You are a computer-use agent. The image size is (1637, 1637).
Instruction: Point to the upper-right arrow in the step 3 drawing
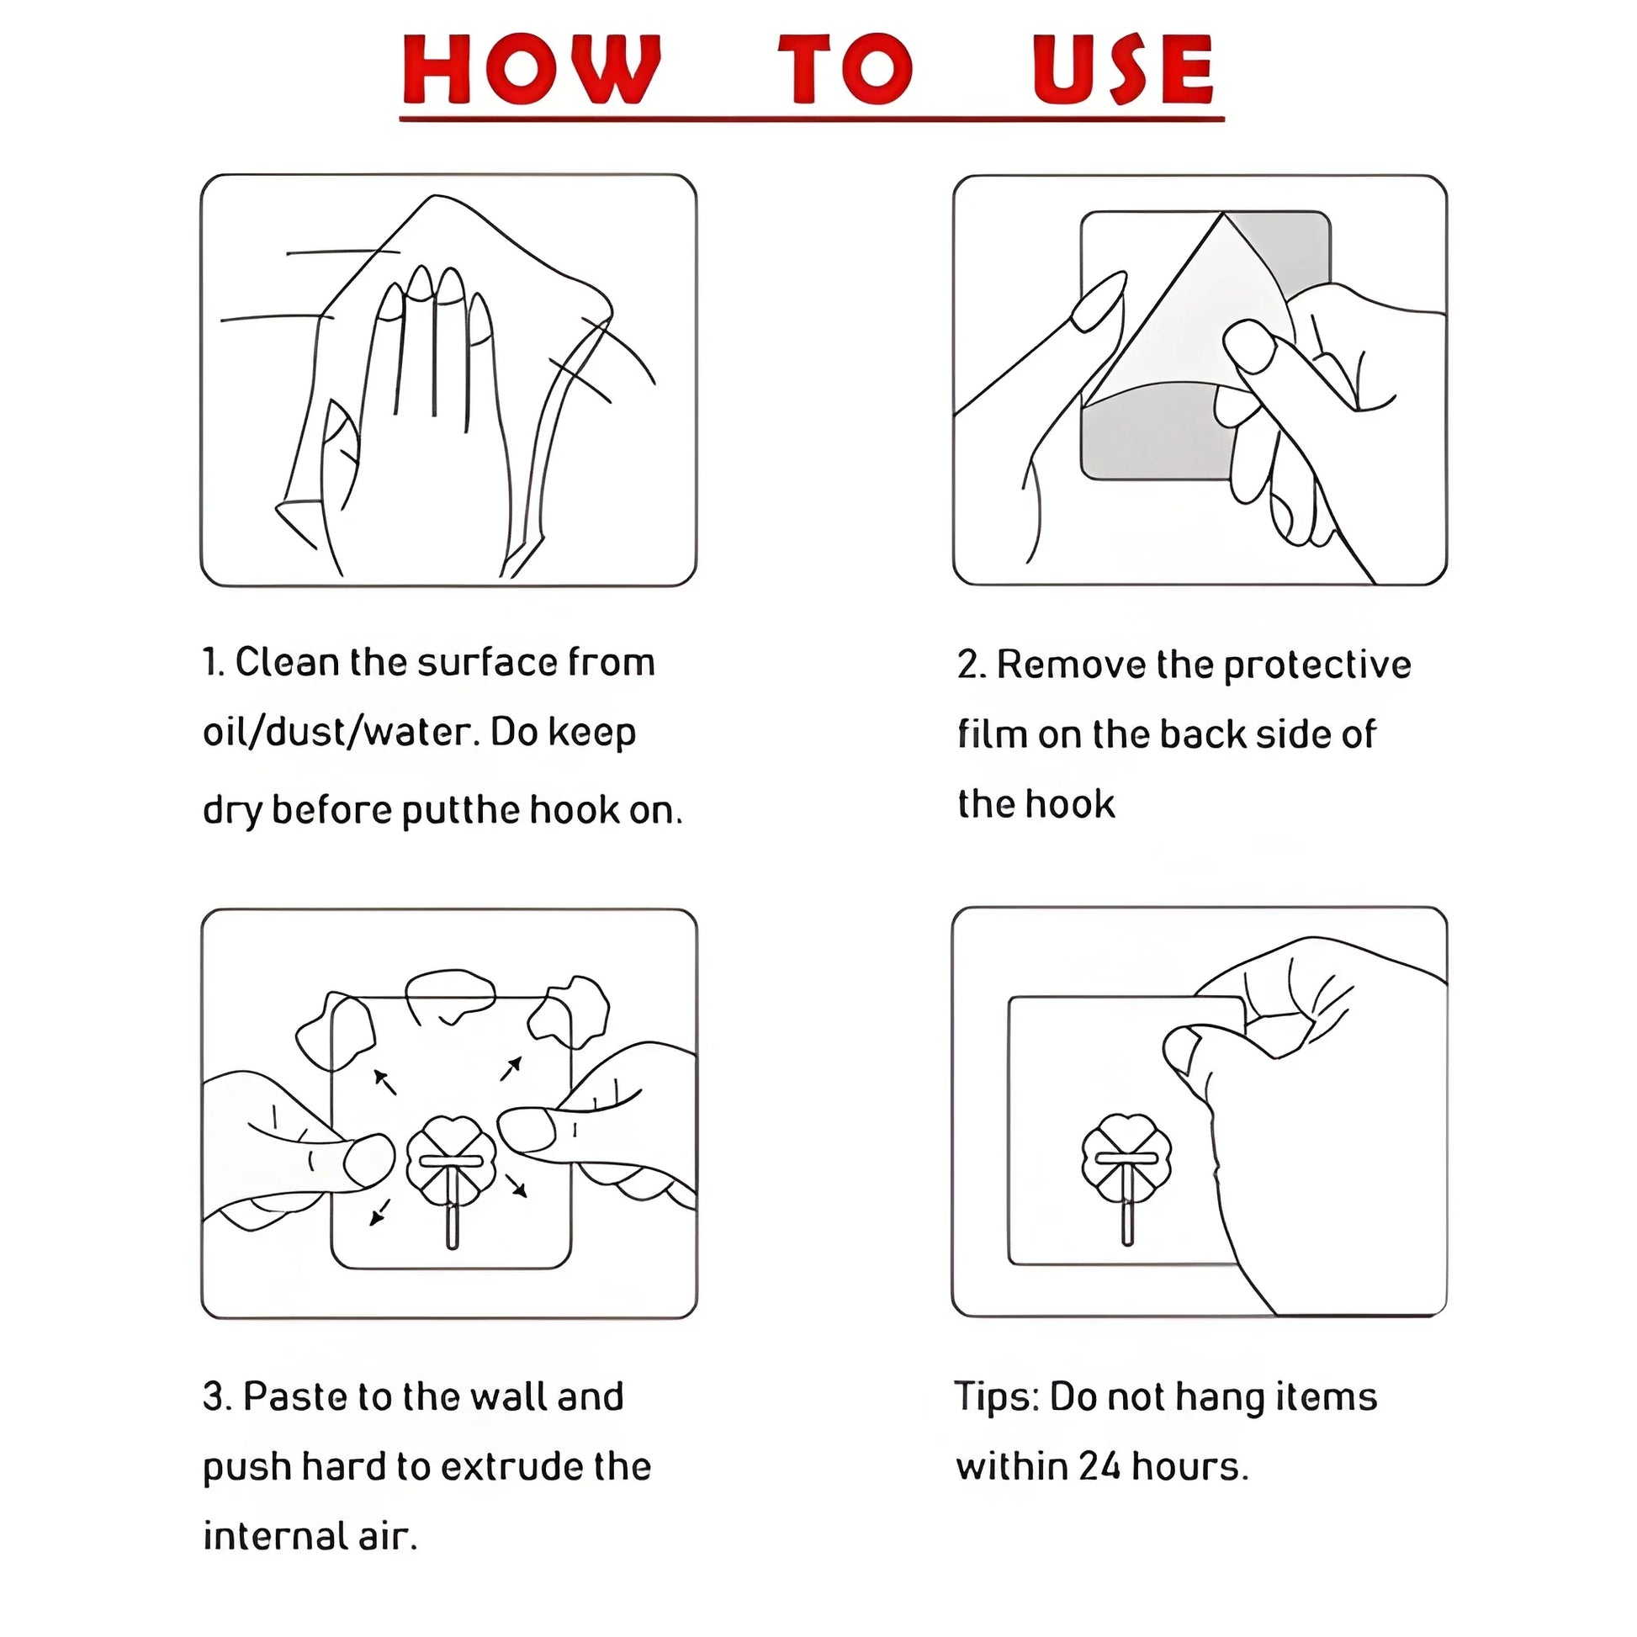[511, 1068]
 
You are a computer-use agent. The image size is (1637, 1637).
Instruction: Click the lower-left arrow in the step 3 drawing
[380, 1213]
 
